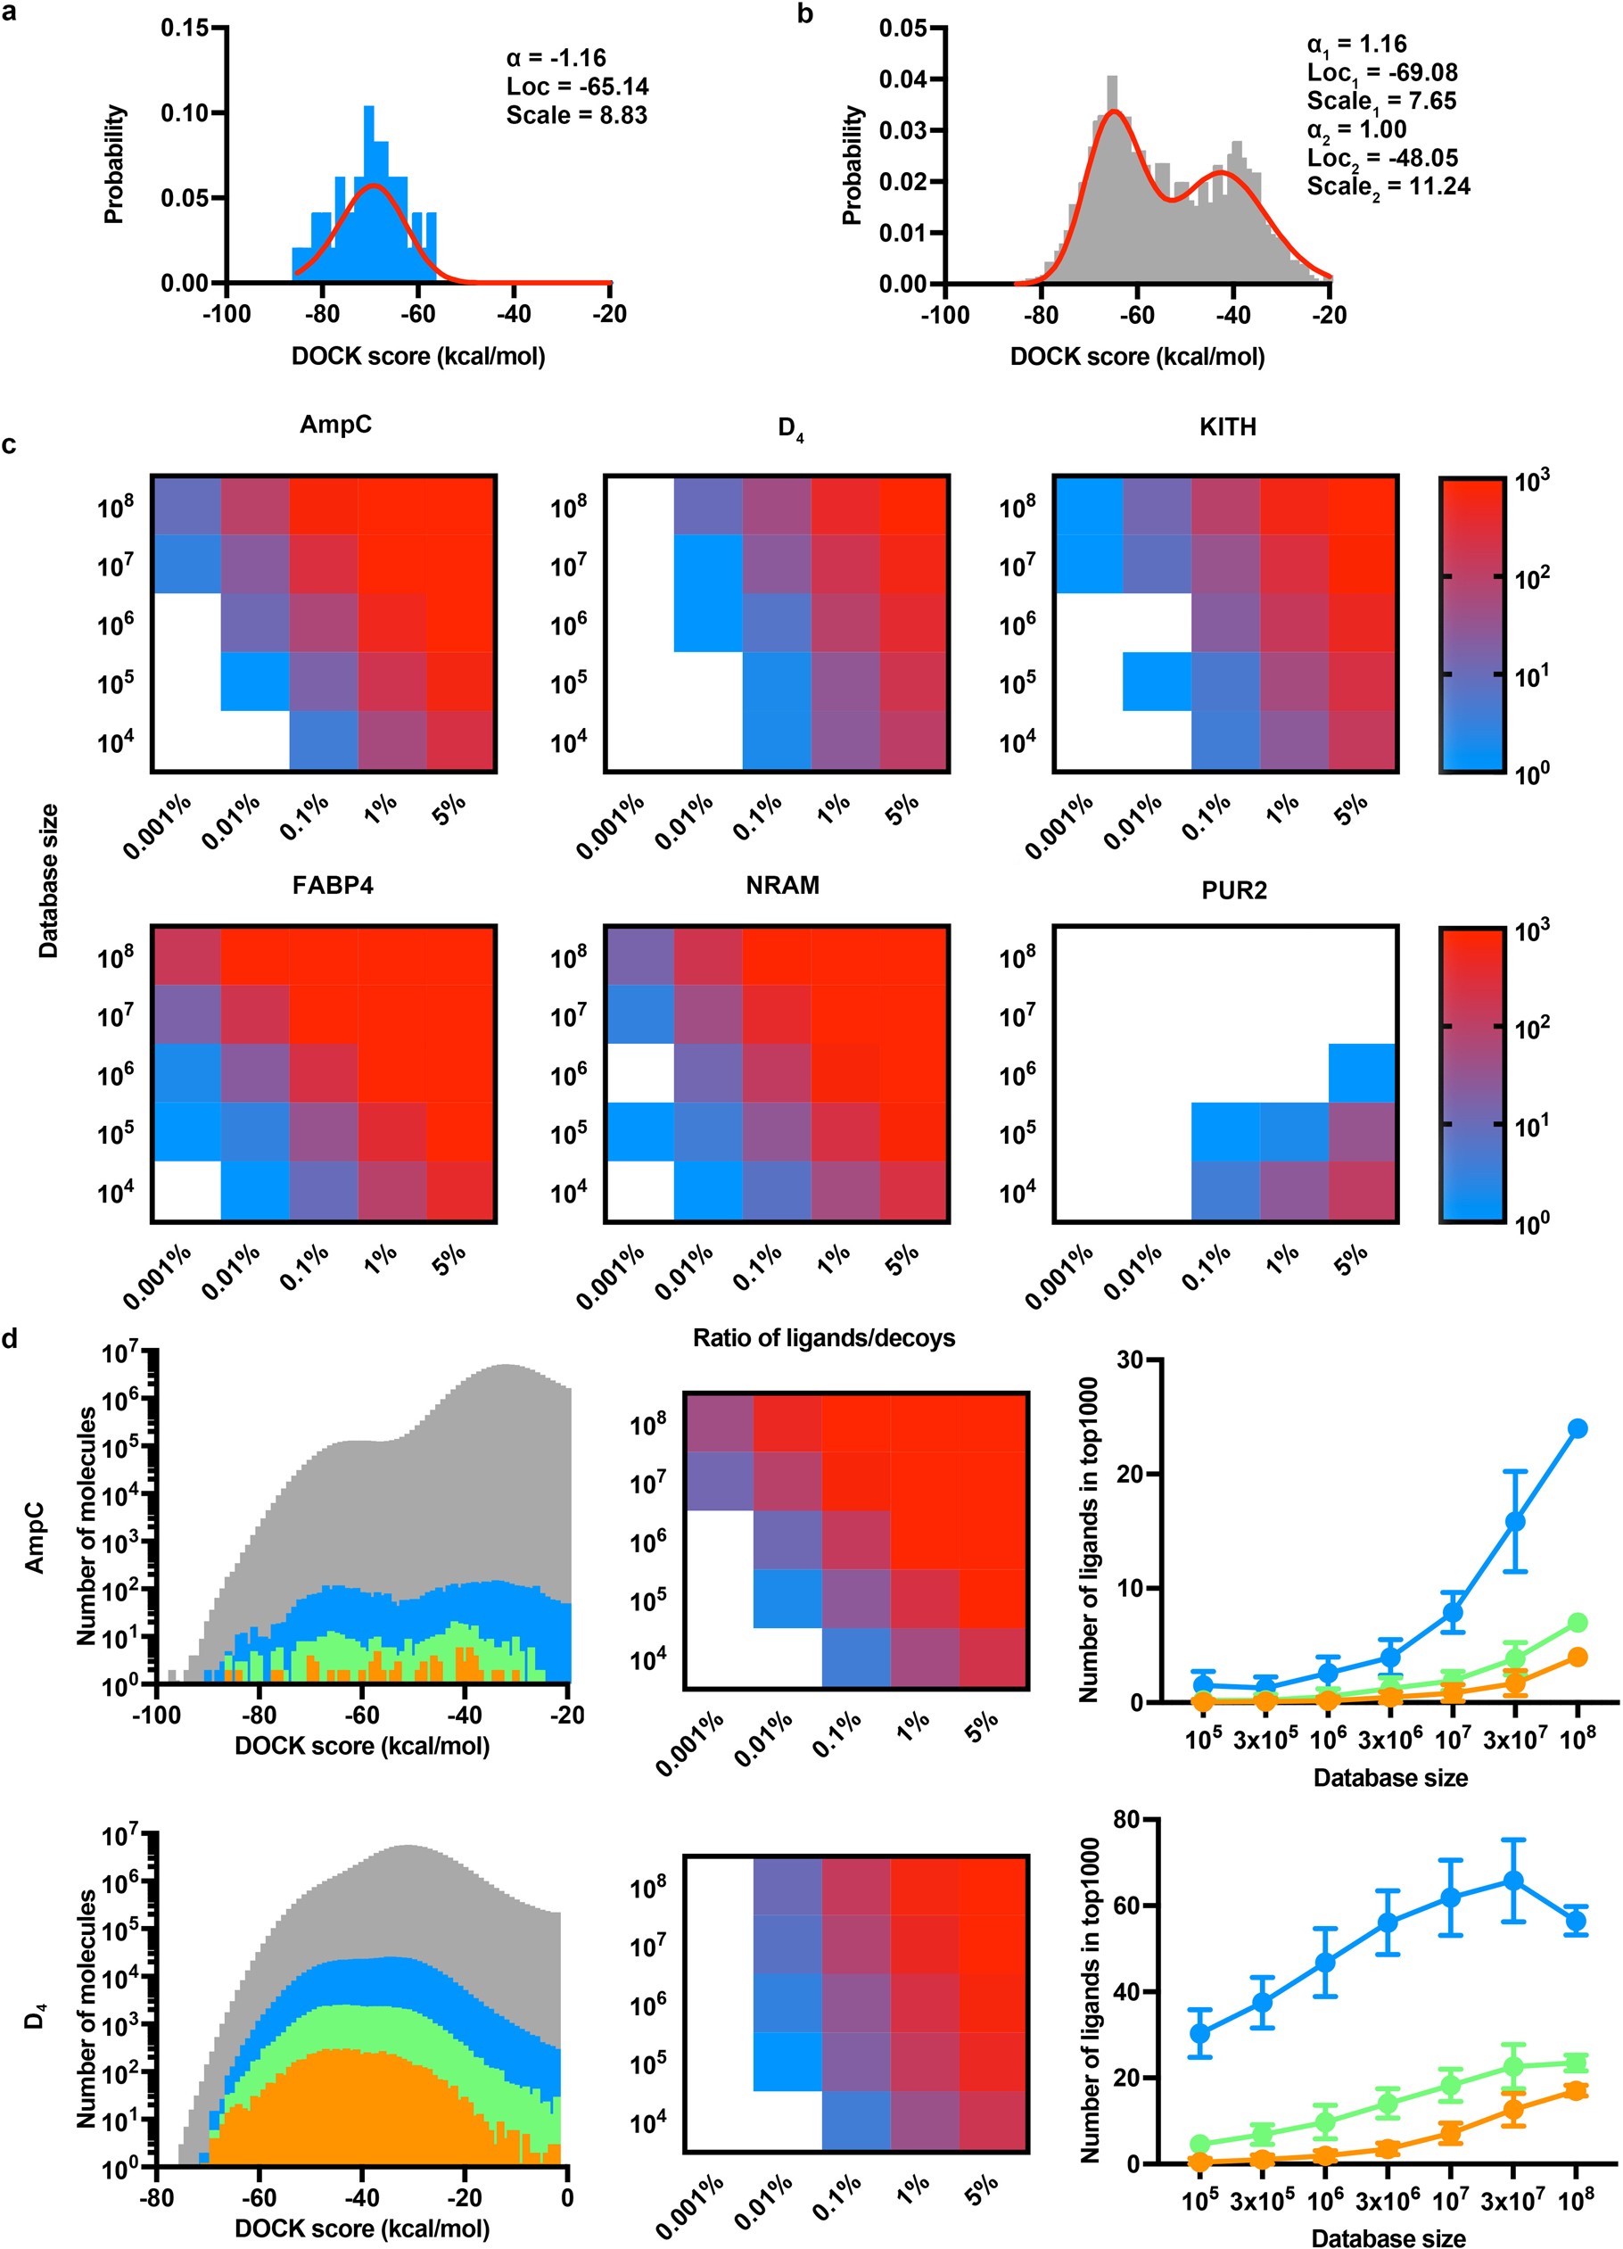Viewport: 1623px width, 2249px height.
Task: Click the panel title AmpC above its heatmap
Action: coord(335,425)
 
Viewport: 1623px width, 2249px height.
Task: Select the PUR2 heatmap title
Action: coord(1233,890)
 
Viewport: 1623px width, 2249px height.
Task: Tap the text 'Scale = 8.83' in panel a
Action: coord(576,115)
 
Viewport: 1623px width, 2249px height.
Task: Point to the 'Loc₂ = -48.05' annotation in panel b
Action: coord(1382,158)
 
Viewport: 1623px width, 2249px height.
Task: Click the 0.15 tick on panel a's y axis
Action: coord(185,28)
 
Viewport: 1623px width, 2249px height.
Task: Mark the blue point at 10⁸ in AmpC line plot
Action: coord(1578,1429)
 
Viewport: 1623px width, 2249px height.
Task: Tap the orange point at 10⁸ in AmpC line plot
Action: coord(1578,1657)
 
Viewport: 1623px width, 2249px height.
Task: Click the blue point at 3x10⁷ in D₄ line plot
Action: coord(1513,1881)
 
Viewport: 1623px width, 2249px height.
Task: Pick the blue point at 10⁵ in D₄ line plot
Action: coord(1199,2033)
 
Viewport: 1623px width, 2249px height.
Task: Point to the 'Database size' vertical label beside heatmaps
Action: coord(47,881)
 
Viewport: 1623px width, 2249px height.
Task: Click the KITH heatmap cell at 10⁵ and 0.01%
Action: coord(1157,682)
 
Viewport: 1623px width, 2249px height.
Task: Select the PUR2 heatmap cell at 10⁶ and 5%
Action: coord(1363,1072)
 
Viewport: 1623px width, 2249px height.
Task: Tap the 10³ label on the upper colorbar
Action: coord(1531,480)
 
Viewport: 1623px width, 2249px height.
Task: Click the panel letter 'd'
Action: coord(10,1340)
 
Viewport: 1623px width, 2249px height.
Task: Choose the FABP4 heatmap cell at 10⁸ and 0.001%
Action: coord(186,955)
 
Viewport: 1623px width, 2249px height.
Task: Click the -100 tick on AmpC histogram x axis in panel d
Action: coord(157,1715)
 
